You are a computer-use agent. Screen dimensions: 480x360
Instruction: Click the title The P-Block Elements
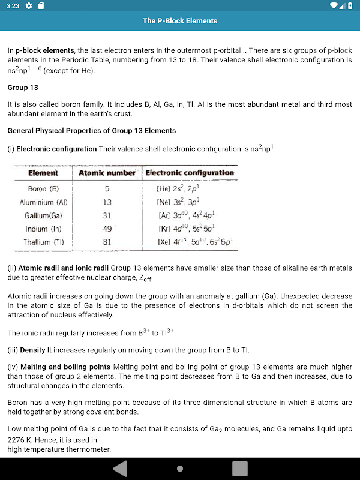pyautogui.click(x=180, y=21)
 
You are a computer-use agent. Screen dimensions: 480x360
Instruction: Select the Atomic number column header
pyautogui.click(x=107, y=173)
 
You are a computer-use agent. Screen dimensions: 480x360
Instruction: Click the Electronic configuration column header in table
pyautogui.click(x=190, y=173)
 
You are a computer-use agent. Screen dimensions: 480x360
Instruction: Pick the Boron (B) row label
pyautogui.click(x=43, y=189)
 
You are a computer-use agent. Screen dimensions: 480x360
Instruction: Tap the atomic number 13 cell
pyautogui.click(x=107, y=202)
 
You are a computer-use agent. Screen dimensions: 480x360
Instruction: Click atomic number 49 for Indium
pyautogui.click(x=107, y=229)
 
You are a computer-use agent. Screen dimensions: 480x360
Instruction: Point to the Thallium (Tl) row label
pyautogui.click(x=43, y=242)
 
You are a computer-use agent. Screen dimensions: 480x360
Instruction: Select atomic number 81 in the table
pyautogui.click(x=107, y=242)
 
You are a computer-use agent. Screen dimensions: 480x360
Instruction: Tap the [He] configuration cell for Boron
pyautogui.click(x=178, y=189)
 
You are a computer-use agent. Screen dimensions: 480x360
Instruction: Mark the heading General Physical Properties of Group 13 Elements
pyautogui.click(x=92, y=131)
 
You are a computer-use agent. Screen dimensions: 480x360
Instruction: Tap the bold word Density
pyautogui.click(x=33, y=350)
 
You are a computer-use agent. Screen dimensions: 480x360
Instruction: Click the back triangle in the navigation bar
pyautogui.click(x=120, y=469)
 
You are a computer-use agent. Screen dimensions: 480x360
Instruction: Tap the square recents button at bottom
pyautogui.click(x=240, y=469)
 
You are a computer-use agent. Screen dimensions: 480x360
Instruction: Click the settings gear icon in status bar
pyautogui.click(x=28, y=6)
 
